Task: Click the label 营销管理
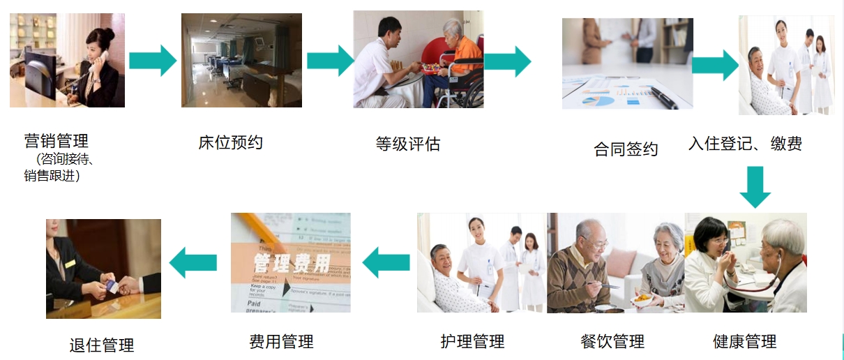[x=56, y=142]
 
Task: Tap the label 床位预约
[x=231, y=143]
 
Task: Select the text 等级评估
[x=408, y=144]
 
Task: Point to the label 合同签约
[x=626, y=149]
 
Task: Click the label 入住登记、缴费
[x=745, y=144]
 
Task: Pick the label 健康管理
[x=745, y=342]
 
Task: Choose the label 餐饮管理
[x=612, y=342]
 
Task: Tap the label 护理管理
[x=472, y=342]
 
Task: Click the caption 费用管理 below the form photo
[x=281, y=342]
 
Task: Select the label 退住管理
[x=102, y=345]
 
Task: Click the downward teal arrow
[x=755, y=187]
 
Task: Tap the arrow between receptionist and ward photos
[x=153, y=61]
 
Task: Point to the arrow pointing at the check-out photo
[x=193, y=263]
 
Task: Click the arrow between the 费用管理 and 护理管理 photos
[x=386, y=263]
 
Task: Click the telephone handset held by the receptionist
[x=99, y=60]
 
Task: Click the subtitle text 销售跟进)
[x=52, y=176]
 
